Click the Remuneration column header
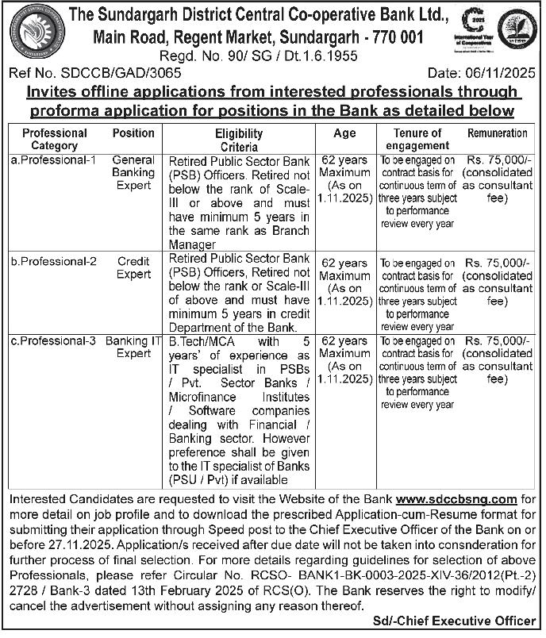(x=498, y=133)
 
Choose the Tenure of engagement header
(x=417, y=140)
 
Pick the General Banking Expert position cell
(x=133, y=172)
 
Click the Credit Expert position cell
(x=133, y=267)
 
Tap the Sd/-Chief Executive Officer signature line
(x=464, y=620)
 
